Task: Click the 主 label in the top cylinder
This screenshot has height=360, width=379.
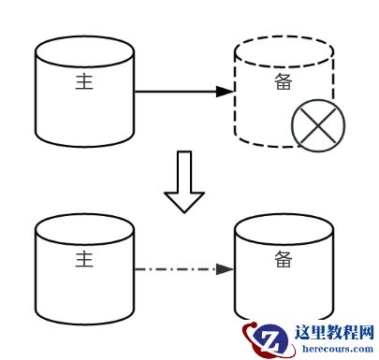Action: point(85,81)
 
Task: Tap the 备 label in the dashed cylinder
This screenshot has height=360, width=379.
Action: point(284,81)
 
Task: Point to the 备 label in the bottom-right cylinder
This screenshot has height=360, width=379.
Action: point(284,257)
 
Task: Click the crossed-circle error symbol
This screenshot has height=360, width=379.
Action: point(317,126)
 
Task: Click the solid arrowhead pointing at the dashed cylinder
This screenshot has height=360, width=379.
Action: point(224,92)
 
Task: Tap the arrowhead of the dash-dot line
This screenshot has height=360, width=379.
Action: point(225,270)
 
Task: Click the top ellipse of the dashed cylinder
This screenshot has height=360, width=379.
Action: point(284,51)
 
